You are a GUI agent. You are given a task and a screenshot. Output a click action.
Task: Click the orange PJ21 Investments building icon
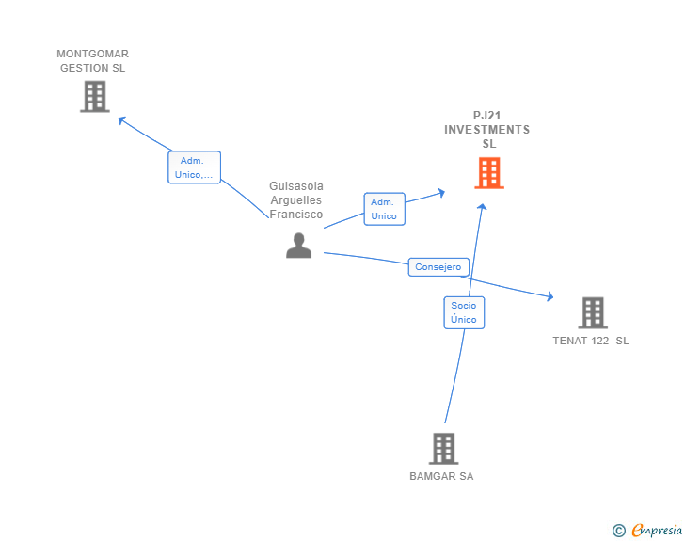coord(489,173)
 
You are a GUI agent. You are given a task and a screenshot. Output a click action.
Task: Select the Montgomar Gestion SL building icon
coord(95,97)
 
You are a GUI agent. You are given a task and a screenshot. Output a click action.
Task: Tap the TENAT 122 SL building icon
coord(593,313)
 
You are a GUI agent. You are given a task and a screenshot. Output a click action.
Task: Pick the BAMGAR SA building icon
coord(443,449)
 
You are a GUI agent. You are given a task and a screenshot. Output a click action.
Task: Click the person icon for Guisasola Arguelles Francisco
coord(299,246)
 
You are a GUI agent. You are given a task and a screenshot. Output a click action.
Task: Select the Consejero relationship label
coord(438,267)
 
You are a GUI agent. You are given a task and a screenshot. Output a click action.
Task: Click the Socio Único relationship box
coord(464,312)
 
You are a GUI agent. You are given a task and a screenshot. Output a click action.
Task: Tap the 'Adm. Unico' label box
coord(385,209)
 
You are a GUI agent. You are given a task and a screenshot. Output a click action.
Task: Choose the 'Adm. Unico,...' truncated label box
coord(195,167)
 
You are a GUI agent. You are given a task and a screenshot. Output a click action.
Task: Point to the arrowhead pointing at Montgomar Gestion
coord(121,119)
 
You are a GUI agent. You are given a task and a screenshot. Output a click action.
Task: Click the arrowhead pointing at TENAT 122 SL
coord(550,296)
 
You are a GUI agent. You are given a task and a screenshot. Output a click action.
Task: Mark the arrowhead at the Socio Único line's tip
coord(482,207)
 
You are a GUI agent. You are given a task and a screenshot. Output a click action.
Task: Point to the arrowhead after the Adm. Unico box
coord(441,193)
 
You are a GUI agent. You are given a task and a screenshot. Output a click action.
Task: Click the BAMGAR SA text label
coord(441,476)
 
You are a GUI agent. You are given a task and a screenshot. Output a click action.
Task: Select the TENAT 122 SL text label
coord(591,341)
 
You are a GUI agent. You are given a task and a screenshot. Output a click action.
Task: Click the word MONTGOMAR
coord(92,54)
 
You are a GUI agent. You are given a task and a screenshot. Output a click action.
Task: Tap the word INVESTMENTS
coord(487,130)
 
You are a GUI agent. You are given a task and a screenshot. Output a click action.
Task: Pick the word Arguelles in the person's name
coord(296,200)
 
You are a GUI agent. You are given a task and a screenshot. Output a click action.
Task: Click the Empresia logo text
coord(657,530)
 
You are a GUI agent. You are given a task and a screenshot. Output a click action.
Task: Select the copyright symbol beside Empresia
coord(619,531)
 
